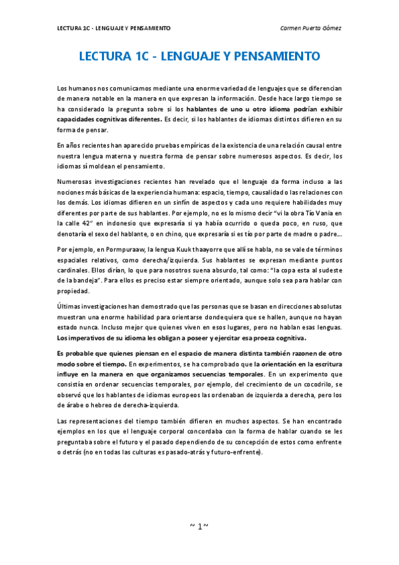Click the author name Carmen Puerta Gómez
311,28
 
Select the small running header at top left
113,28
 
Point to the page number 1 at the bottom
199,526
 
